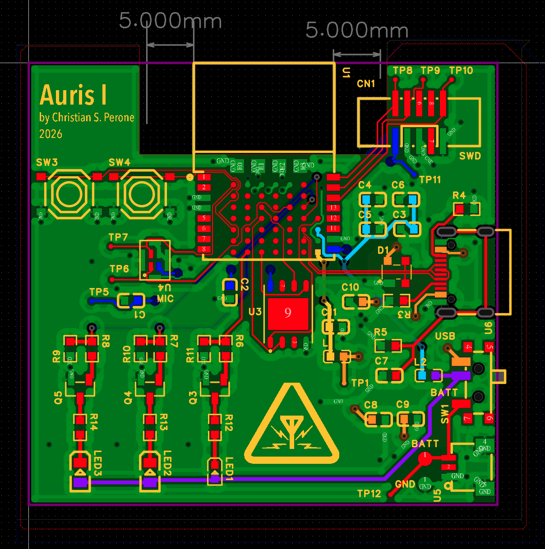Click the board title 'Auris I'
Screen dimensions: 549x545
tap(74, 95)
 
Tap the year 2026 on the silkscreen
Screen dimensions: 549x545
tap(51, 134)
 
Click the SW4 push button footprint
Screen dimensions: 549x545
tap(142, 195)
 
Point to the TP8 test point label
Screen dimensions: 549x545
tap(402, 71)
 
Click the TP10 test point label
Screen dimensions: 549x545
tap(461, 71)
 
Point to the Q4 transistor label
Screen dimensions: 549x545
tap(128, 398)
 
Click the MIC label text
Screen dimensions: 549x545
tap(165, 299)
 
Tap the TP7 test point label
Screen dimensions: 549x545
tap(118, 237)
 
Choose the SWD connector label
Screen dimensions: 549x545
tap(470, 156)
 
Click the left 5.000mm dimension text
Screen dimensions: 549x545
tap(170, 21)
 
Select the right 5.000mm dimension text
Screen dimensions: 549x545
tap(357, 30)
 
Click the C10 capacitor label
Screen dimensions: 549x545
tap(350, 287)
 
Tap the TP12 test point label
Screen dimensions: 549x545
tap(369, 494)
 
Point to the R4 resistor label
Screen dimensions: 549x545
tap(459, 195)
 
